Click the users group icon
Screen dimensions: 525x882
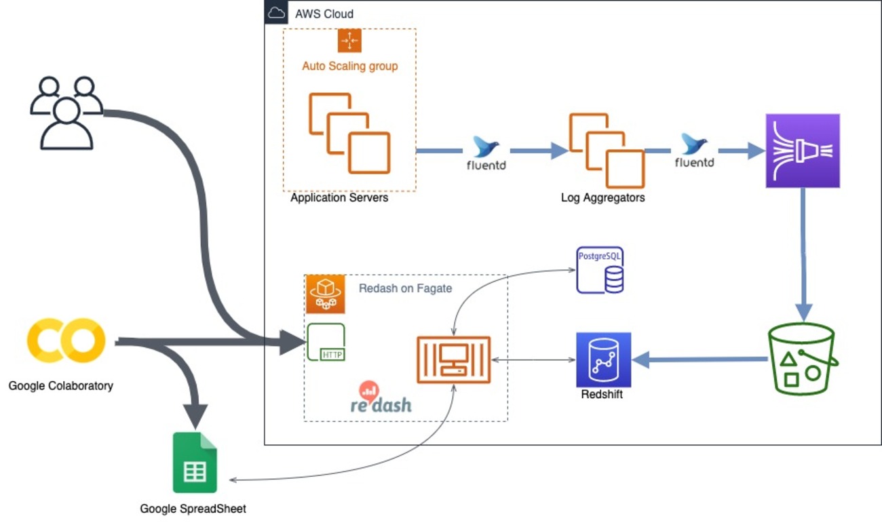[x=66, y=113]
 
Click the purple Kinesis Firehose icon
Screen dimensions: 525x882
[x=803, y=151]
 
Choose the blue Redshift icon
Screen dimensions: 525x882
[x=603, y=359]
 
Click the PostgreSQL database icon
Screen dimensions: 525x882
[x=600, y=270]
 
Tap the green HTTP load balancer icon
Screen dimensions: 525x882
[x=326, y=342]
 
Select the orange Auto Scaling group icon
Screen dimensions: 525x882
[x=349, y=41]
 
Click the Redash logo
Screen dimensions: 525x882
[x=381, y=398]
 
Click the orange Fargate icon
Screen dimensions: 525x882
[x=325, y=294]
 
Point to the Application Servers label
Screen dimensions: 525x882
[x=339, y=199]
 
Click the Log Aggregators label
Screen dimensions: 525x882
[x=602, y=198]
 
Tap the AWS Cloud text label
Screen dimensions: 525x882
[x=324, y=14]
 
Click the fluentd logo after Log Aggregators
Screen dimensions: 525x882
[x=694, y=152]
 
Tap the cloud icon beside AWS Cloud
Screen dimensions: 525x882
[x=276, y=13]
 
